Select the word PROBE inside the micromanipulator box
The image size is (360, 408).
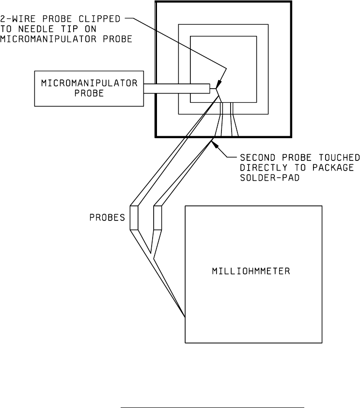89,94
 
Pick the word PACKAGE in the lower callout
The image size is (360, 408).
337,168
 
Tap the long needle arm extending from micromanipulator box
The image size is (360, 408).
176,89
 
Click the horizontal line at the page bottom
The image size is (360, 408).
212,394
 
